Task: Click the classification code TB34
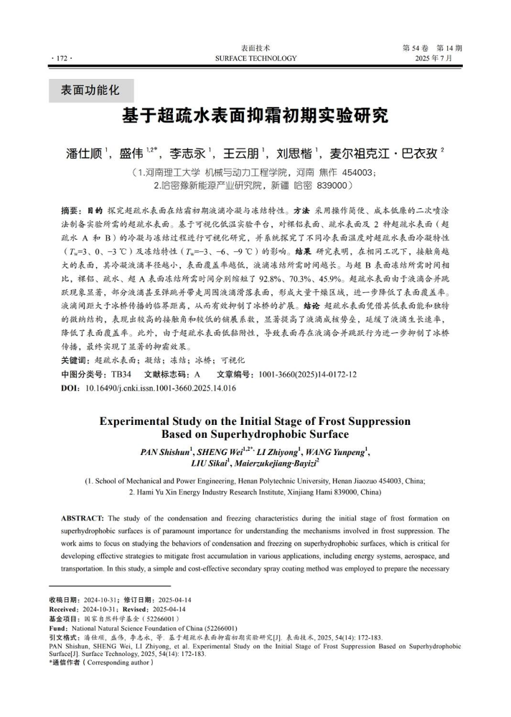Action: pyautogui.click(x=118, y=374)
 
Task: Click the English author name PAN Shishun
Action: pyautogui.click(x=171, y=451)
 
